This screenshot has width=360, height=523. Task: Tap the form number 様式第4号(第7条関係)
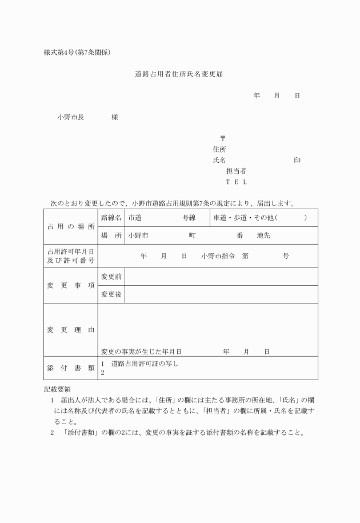tap(77, 53)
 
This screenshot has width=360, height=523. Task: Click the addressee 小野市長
tap(70, 117)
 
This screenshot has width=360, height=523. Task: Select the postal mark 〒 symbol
tap(222, 138)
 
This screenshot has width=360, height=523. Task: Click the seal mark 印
tap(297, 160)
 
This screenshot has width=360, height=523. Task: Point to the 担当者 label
tap(236, 171)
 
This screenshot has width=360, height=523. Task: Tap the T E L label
tap(236, 182)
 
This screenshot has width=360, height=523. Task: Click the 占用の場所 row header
tap(71, 226)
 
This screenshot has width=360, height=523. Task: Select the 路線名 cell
tap(111, 218)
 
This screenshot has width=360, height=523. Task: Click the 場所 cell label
tap(111, 235)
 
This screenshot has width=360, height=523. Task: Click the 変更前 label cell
tap(111, 277)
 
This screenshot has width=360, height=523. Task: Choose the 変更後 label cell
tap(111, 294)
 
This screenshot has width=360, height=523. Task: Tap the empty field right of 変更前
tap(221, 277)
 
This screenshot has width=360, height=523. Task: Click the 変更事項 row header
tap(71, 285)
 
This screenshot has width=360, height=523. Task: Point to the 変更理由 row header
tap(71, 330)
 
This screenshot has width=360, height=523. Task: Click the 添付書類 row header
tap(71, 368)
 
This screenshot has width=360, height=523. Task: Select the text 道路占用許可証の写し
tap(145, 364)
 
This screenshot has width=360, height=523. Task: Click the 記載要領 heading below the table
tap(57, 389)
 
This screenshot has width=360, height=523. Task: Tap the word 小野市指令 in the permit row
tap(218, 256)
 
